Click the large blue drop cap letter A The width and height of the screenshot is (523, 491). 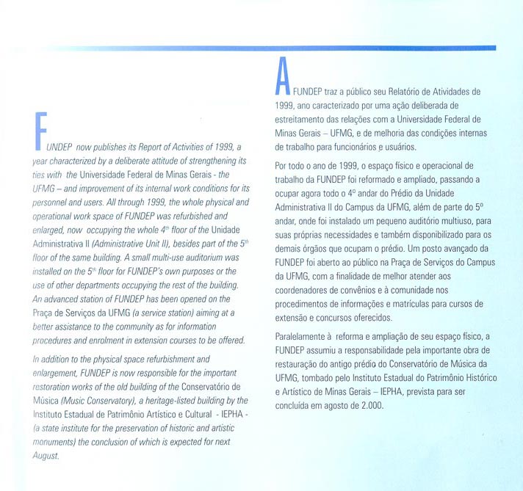[x=281, y=76]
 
